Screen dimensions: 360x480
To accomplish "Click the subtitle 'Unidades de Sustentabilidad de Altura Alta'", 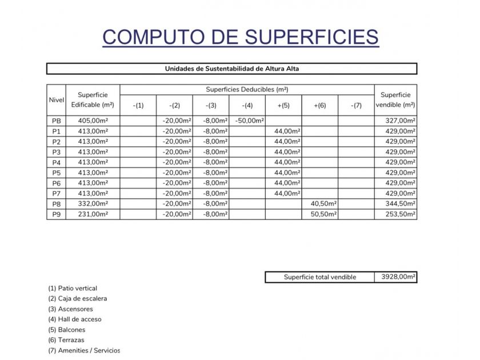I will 231,69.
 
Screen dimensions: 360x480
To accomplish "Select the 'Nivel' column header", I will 56,100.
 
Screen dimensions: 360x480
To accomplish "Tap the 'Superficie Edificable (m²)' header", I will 92,100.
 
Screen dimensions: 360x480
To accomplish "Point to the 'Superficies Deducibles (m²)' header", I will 247,90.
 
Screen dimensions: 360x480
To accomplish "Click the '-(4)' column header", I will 247,105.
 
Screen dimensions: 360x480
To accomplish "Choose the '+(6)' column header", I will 319,105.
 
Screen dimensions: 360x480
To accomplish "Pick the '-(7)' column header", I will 355,105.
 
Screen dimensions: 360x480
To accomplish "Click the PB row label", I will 56,121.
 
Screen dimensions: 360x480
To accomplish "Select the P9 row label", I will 56,214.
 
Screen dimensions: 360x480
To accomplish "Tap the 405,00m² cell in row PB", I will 93,121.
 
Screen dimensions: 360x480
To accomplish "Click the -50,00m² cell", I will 249,121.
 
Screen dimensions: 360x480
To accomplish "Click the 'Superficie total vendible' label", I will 320,277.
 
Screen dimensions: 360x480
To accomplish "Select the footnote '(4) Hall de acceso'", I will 75,319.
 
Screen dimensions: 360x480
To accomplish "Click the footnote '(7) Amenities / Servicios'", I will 84,350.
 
